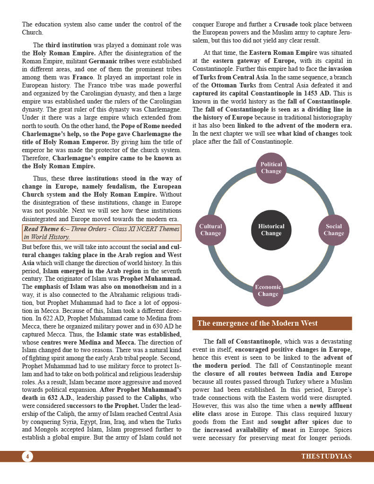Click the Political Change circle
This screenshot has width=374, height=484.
[x=271, y=168]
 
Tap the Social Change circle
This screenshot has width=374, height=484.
[x=333, y=230]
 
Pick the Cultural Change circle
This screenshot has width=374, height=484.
[x=210, y=230]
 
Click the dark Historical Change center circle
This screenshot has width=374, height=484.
[x=271, y=230]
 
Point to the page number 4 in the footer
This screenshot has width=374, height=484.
[x=27, y=457]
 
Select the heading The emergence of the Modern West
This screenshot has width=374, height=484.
[x=257, y=323]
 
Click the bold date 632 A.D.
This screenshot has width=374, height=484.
[x=60, y=385]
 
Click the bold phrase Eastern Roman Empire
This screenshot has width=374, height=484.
[x=283, y=53]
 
